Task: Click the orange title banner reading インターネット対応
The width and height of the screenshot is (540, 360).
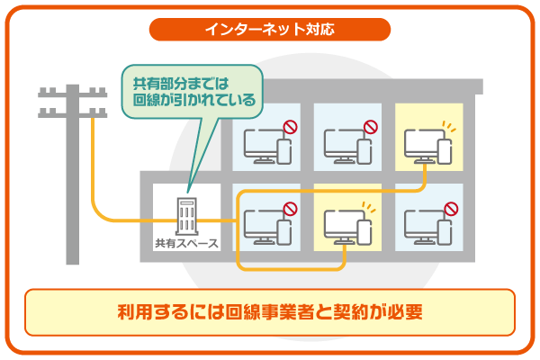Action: [x=270, y=29]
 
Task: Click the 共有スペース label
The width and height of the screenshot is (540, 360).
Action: [x=186, y=243]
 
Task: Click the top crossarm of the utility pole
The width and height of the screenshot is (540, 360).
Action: [x=68, y=92]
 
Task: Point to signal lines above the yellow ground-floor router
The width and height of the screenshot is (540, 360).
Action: [x=366, y=206]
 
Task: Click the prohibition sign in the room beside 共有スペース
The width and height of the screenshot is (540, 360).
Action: [x=289, y=209]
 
